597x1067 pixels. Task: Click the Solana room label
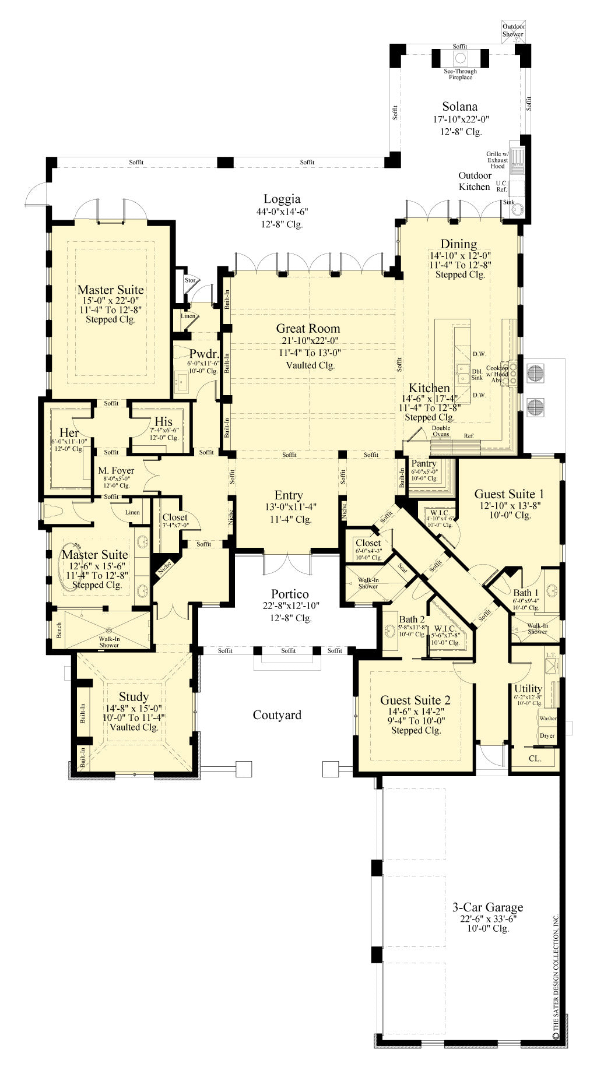click(459, 107)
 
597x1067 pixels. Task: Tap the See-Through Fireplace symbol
click(461, 58)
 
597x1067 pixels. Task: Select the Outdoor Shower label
click(514, 30)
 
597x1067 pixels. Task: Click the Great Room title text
click(308, 328)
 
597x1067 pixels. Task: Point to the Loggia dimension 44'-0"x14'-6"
click(282, 213)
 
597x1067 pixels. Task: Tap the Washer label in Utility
click(547, 719)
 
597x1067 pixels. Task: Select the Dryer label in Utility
click(547, 735)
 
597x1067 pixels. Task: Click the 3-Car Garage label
click(487, 907)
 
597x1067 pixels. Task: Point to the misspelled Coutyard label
click(277, 715)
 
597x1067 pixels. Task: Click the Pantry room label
click(424, 464)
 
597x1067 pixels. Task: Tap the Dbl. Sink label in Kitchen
click(477, 374)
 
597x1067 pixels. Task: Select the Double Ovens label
click(441, 431)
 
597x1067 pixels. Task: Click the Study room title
click(134, 697)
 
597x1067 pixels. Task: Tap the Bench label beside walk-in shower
click(59, 630)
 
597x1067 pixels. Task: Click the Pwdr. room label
click(204, 354)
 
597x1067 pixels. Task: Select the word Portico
click(290, 594)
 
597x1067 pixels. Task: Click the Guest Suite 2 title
click(415, 700)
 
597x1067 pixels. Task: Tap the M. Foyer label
click(116, 470)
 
